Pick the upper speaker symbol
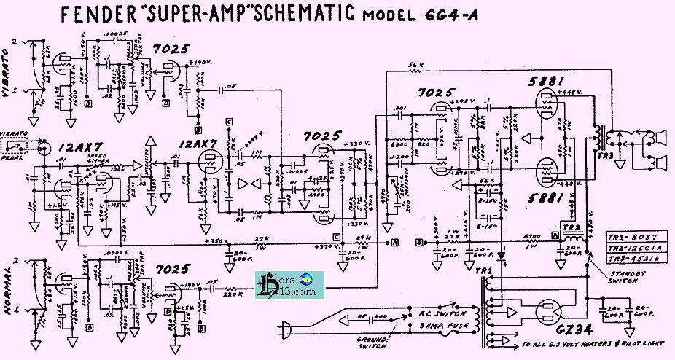pos(657,136)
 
